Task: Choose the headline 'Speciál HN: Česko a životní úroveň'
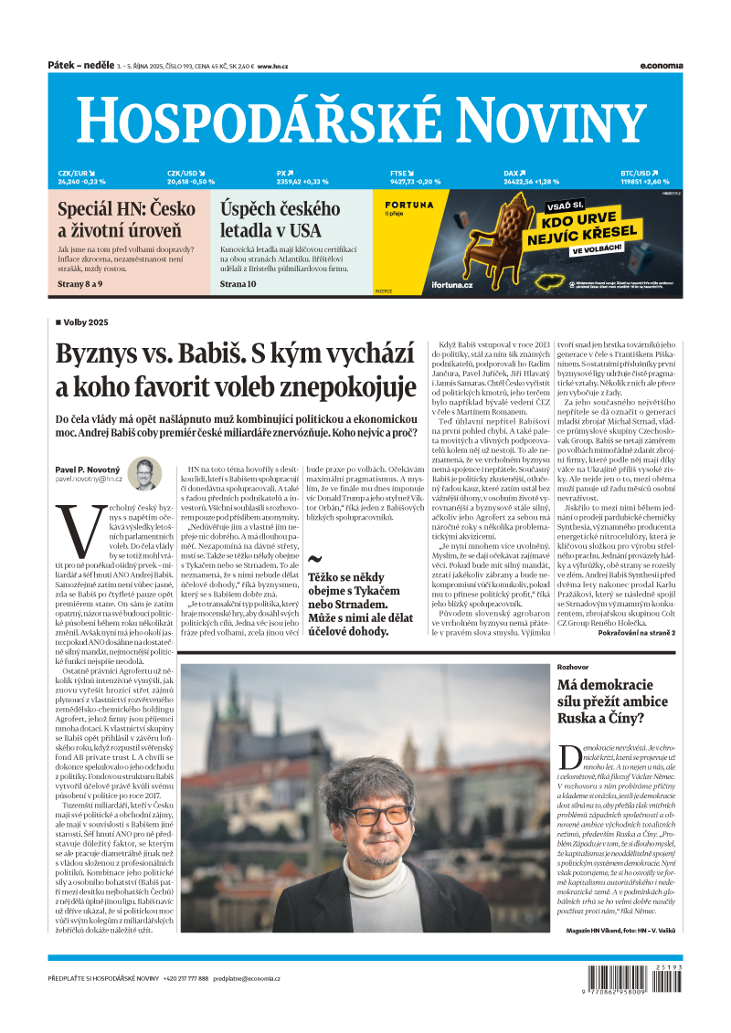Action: click(x=126, y=220)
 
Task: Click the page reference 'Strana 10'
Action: click(x=238, y=284)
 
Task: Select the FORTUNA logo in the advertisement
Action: click(x=408, y=205)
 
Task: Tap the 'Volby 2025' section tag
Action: click(x=86, y=322)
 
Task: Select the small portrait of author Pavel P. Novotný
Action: click(x=143, y=474)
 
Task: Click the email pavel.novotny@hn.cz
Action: click(x=88, y=479)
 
